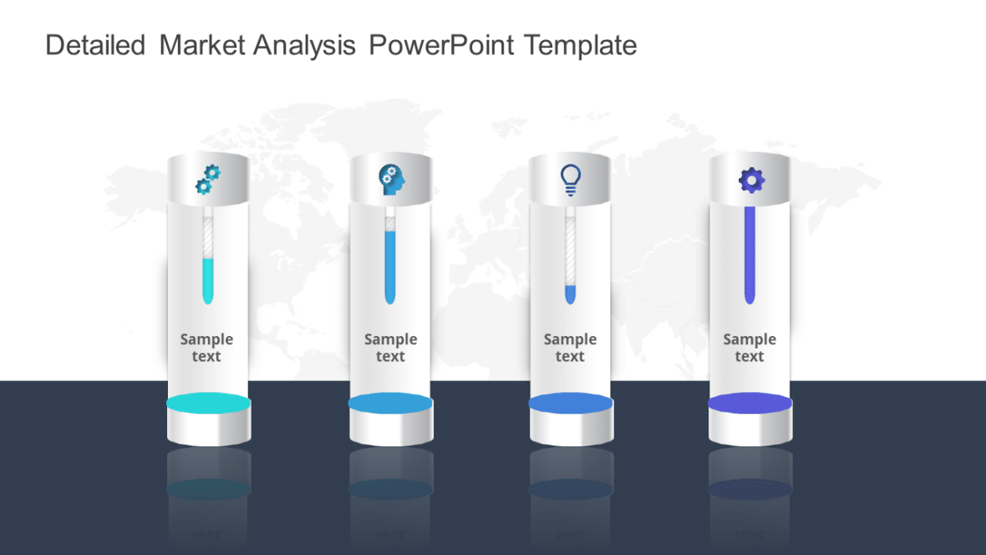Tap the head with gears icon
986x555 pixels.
(x=390, y=179)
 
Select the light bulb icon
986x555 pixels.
(x=570, y=179)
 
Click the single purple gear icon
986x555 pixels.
(x=751, y=179)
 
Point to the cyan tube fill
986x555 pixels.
(x=208, y=280)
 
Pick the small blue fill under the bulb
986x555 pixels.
(x=570, y=293)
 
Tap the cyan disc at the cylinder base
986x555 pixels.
(x=208, y=404)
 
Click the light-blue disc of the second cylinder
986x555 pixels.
(x=390, y=404)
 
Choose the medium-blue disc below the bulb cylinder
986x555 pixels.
(x=571, y=404)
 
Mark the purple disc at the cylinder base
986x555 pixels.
(x=750, y=404)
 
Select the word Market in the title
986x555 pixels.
(x=202, y=45)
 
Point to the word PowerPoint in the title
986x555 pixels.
(x=441, y=45)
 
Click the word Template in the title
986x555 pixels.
(x=580, y=45)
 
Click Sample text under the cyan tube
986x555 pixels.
(x=206, y=348)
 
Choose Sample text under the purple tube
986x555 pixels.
(x=750, y=348)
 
